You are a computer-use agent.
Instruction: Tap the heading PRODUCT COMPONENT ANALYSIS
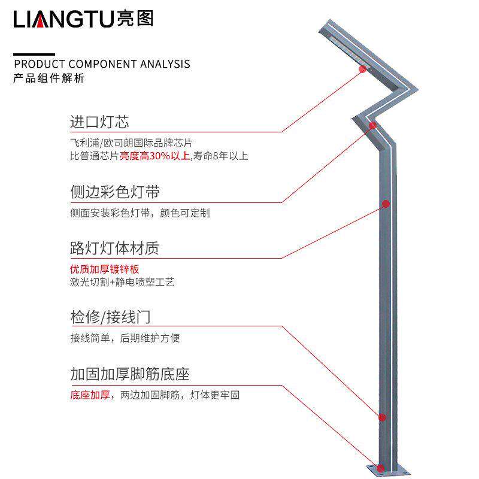[x=102, y=64]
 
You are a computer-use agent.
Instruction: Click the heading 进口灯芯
[x=99, y=123]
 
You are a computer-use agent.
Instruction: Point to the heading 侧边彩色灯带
[x=115, y=192]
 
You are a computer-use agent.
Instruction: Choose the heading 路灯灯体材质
[x=115, y=248]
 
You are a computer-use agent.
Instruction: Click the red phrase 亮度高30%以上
[x=155, y=157]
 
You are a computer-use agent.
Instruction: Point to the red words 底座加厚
[x=89, y=396]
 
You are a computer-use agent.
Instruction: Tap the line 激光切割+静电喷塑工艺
[x=122, y=282]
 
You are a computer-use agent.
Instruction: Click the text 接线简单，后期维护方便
[x=125, y=338]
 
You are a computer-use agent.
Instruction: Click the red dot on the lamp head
[x=362, y=69]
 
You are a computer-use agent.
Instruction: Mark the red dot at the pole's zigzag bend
[x=372, y=125]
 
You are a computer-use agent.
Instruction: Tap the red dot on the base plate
[x=378, y=467]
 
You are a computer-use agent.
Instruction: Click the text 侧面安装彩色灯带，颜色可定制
[x=140, y=213]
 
